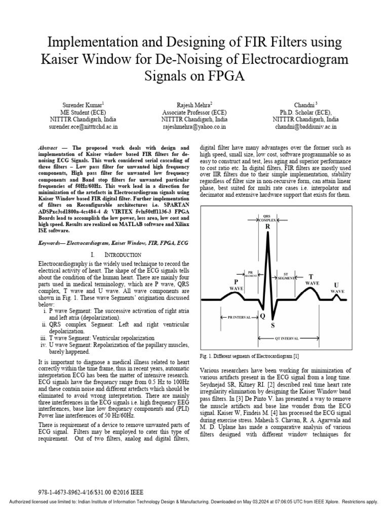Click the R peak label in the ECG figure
click(x=268, y=227)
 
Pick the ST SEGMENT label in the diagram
click(x=287, y=277)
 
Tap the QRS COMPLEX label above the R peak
click(x=267, y=219)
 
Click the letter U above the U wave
click(x=337, y=285)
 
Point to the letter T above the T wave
click(x=311, y=277)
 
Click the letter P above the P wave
click(x=236, y=281)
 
